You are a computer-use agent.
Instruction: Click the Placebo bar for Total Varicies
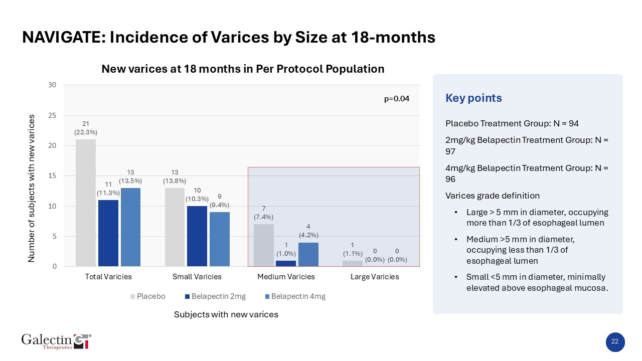[86, 203]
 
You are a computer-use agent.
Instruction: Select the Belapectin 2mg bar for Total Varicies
[108, 233]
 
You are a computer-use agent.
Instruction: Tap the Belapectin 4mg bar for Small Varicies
[220, 239]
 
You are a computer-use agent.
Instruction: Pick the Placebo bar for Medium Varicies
[264, 245]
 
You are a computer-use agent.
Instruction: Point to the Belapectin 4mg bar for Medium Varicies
[308, 254]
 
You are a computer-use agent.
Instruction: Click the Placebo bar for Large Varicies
[353, 263]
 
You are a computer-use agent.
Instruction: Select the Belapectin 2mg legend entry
[215, 296]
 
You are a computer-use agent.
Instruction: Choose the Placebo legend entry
[148, 296]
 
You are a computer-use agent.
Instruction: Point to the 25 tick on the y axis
[52, 115]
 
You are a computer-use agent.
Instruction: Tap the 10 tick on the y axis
[52, 206]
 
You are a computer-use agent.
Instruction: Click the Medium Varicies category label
[286, 277]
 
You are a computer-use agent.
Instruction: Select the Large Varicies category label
[375, 277]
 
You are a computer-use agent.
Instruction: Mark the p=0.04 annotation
[397, 99]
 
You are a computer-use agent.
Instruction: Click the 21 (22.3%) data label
[86, 128]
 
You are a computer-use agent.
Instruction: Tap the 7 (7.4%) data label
[264, 213]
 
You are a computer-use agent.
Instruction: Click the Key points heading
[473, 98]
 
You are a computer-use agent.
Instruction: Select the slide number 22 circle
[614, 342]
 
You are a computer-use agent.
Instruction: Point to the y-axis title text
[32, 188]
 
